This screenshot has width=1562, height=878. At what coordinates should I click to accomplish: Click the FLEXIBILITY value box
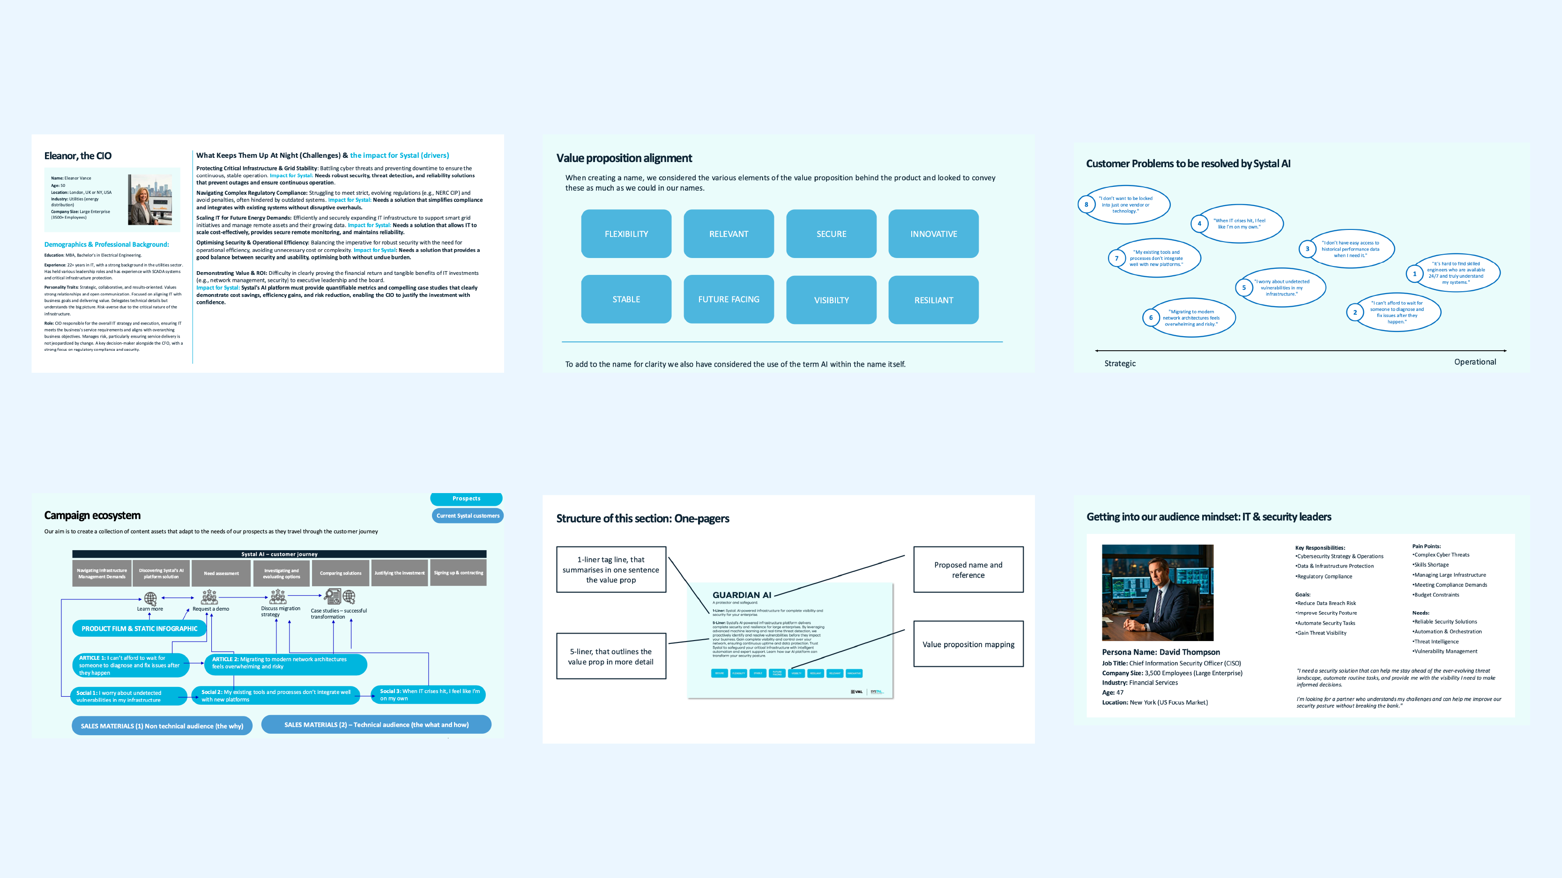626,234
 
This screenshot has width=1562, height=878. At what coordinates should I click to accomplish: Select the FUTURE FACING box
728,299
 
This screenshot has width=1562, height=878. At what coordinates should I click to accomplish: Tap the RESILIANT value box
933,300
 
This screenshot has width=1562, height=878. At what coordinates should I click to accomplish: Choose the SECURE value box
831,234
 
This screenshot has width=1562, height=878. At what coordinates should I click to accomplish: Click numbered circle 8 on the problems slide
1086,205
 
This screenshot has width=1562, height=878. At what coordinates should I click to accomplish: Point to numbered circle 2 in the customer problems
1354,313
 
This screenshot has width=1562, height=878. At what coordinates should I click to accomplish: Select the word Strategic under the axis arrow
1119,363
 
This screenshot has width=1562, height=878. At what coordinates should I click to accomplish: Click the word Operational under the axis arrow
1475,362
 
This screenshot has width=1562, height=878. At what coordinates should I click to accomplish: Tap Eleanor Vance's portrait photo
150,200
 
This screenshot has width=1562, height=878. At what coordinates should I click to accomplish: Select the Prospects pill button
466,499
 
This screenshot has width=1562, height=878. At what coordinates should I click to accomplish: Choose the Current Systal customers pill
468,516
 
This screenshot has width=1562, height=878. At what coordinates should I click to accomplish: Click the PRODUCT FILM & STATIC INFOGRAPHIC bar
140,628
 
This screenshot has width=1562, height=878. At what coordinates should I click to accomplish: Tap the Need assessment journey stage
221,573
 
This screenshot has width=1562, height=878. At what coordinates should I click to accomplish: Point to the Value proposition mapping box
968,644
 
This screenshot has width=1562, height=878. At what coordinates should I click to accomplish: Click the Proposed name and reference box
968,569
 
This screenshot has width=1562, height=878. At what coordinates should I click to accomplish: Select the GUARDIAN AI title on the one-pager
742,595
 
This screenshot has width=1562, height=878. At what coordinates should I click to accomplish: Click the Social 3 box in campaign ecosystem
429,694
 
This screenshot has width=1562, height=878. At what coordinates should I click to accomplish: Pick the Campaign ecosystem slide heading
92,516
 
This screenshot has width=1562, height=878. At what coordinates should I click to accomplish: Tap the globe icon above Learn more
150,598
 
